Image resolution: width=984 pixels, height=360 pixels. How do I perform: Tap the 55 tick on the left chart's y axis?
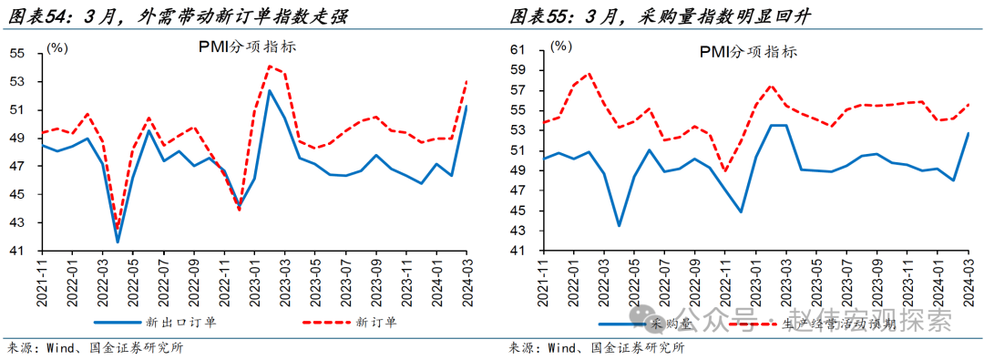[x=17, y=53]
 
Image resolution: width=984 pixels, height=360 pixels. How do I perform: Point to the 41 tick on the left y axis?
[x=17, y=251]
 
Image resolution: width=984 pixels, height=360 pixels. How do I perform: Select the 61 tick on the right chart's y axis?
[x=518, y=50]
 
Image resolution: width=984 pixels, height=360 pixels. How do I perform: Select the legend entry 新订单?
[x=374, y=321]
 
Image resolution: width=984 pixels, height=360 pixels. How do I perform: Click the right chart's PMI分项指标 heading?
[x=749, y=52]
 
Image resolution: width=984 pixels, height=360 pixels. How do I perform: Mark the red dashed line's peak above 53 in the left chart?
[x=270, y=66]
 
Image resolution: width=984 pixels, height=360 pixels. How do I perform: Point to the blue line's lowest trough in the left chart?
[x=117, y=242]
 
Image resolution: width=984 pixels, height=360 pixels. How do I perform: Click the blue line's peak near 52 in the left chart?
[x=269, y=89]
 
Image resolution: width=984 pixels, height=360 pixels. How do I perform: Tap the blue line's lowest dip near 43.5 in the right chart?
[x=619, y=225]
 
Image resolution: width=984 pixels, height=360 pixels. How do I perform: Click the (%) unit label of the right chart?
[x=561, y=45]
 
